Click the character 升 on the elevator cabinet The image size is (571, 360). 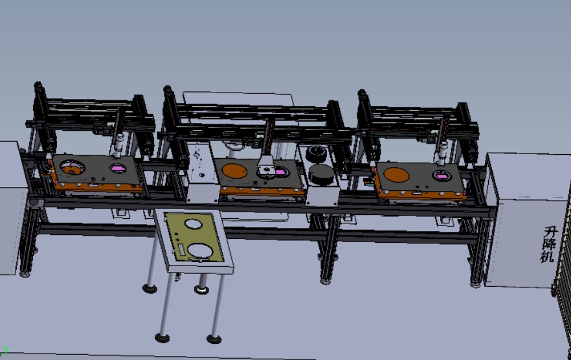click(x=550, y=232)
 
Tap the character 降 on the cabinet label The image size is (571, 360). click(x=548, y=243)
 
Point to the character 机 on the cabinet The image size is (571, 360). click(x=546, y=256)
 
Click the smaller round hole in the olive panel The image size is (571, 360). click(x=194, y=224)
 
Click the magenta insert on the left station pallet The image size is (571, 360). click(x=118, y=169)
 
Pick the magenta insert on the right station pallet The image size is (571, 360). click(x=442, y=177)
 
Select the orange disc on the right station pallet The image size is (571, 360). click(x=397, y=175)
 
